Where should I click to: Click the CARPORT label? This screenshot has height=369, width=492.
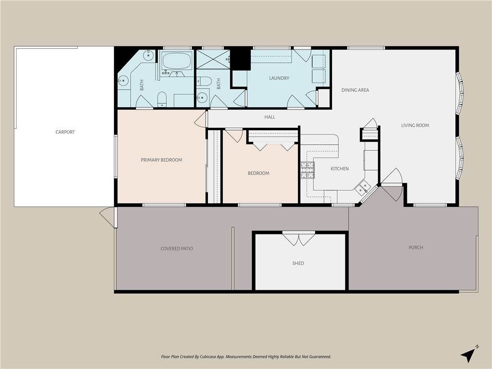tap(65, 132)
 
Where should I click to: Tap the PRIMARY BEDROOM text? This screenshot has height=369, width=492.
tap(161, 160)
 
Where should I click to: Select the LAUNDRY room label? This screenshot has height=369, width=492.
tap(279, 78)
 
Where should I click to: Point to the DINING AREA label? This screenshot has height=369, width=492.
tap(355, 90)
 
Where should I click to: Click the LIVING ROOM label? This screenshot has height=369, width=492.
tap(415, 125)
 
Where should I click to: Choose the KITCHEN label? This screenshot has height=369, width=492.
tap(340, 169)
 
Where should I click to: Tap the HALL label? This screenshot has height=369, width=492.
tap(270, 117)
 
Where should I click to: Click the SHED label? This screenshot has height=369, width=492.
tap(298, 263)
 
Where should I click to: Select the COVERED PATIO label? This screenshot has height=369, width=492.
tap(177, 248)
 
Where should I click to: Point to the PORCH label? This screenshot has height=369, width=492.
tap(416, 247)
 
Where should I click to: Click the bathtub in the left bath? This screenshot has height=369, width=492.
tap(177, 61)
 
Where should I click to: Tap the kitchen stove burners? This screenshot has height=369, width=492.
tap(307, 170)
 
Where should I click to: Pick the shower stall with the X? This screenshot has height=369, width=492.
tap(213, 59)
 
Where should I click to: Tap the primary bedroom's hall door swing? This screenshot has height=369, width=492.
tap(201, 119)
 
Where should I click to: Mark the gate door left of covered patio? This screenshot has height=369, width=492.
tap(108, 217)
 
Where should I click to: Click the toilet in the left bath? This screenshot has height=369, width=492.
tap(162, 99)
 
